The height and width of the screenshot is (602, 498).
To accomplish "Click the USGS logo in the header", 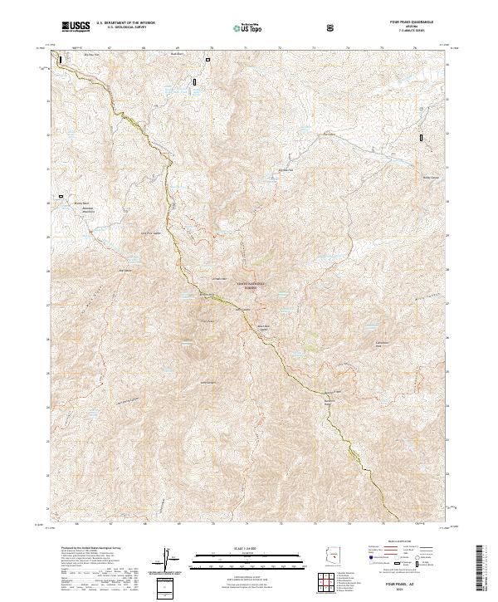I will tap(76, 27).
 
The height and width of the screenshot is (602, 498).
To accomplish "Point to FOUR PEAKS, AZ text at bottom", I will tap(415, 586).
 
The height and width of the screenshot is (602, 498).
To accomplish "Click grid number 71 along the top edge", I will tap(247, 48).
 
